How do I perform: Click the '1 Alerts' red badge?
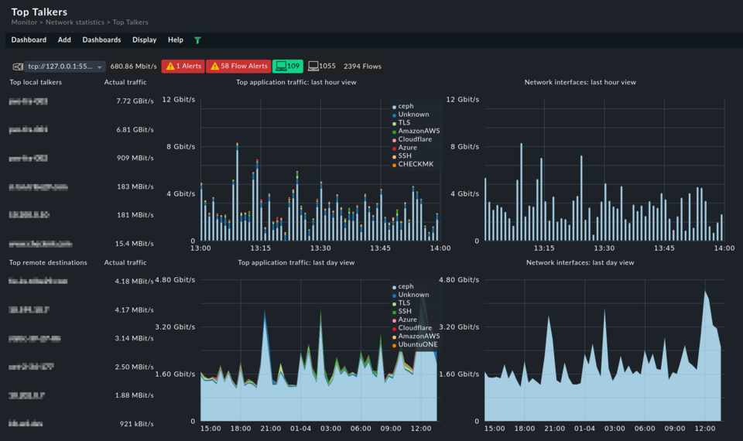[x=183, y=67]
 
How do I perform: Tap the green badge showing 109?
[x=288, y=67]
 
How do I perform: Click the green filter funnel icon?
[x=197, y=40]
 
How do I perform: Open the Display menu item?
[x=144, y=40]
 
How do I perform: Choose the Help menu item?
[x=176, y=40]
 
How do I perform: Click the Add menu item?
[x=64, y=40]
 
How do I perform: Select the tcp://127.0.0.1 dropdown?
[x=64, y=67]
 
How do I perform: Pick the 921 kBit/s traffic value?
[x=137, y=424]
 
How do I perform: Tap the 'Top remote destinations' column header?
[x=48, y=263]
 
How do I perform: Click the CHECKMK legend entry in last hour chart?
[x=416, y=164]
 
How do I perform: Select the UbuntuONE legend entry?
[x=418, y=344]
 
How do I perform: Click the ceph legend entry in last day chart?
[x=406, y=286]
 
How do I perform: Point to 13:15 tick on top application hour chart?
[x=260, y=248]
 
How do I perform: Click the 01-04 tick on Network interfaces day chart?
[x=585, y=429]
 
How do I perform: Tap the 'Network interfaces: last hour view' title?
[x=580, y=82]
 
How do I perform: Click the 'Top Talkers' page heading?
[x=39, y=12]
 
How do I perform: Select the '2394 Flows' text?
[x=362, y=67]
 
